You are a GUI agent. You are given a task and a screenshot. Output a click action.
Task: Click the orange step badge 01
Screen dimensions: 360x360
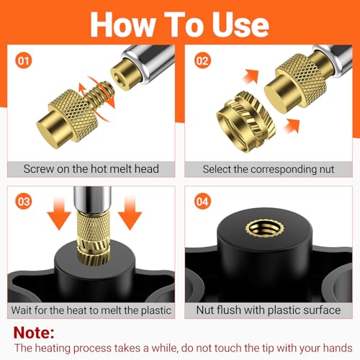24,60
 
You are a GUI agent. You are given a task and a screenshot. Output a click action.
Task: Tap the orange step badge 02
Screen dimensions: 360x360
202,60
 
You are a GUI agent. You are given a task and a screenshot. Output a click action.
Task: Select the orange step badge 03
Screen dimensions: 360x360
24,201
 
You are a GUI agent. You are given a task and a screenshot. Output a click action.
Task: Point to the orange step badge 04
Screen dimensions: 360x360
202,201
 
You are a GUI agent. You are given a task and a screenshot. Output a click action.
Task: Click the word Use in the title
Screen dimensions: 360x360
240,24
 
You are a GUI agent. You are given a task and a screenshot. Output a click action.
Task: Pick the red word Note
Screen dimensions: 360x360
34,333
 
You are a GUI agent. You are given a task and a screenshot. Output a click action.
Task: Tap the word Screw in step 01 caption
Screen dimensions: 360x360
39,168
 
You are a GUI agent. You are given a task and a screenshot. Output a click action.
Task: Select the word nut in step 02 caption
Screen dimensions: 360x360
327,169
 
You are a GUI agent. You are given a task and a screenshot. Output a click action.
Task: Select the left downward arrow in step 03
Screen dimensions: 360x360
59,213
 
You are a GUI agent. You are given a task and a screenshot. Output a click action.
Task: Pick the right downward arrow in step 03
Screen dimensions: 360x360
130,213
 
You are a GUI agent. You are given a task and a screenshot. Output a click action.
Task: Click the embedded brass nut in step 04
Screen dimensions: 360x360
264,229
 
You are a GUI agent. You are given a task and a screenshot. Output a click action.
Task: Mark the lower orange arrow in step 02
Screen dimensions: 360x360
292,125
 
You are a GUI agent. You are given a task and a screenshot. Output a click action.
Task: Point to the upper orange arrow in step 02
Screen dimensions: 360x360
251,76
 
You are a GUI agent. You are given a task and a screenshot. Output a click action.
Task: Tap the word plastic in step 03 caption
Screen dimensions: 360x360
156,310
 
